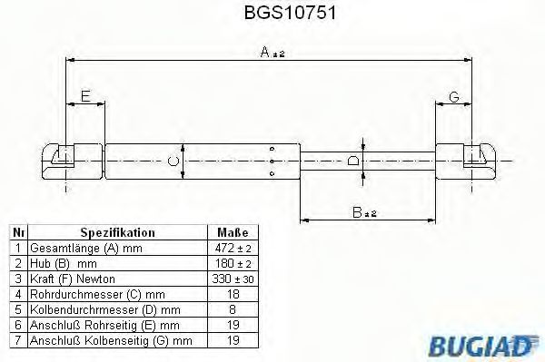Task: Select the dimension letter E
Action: (84, 96)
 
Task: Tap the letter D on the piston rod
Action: (353, 161)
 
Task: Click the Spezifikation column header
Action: (117, 232)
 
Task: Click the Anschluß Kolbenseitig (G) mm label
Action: (109, 340)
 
